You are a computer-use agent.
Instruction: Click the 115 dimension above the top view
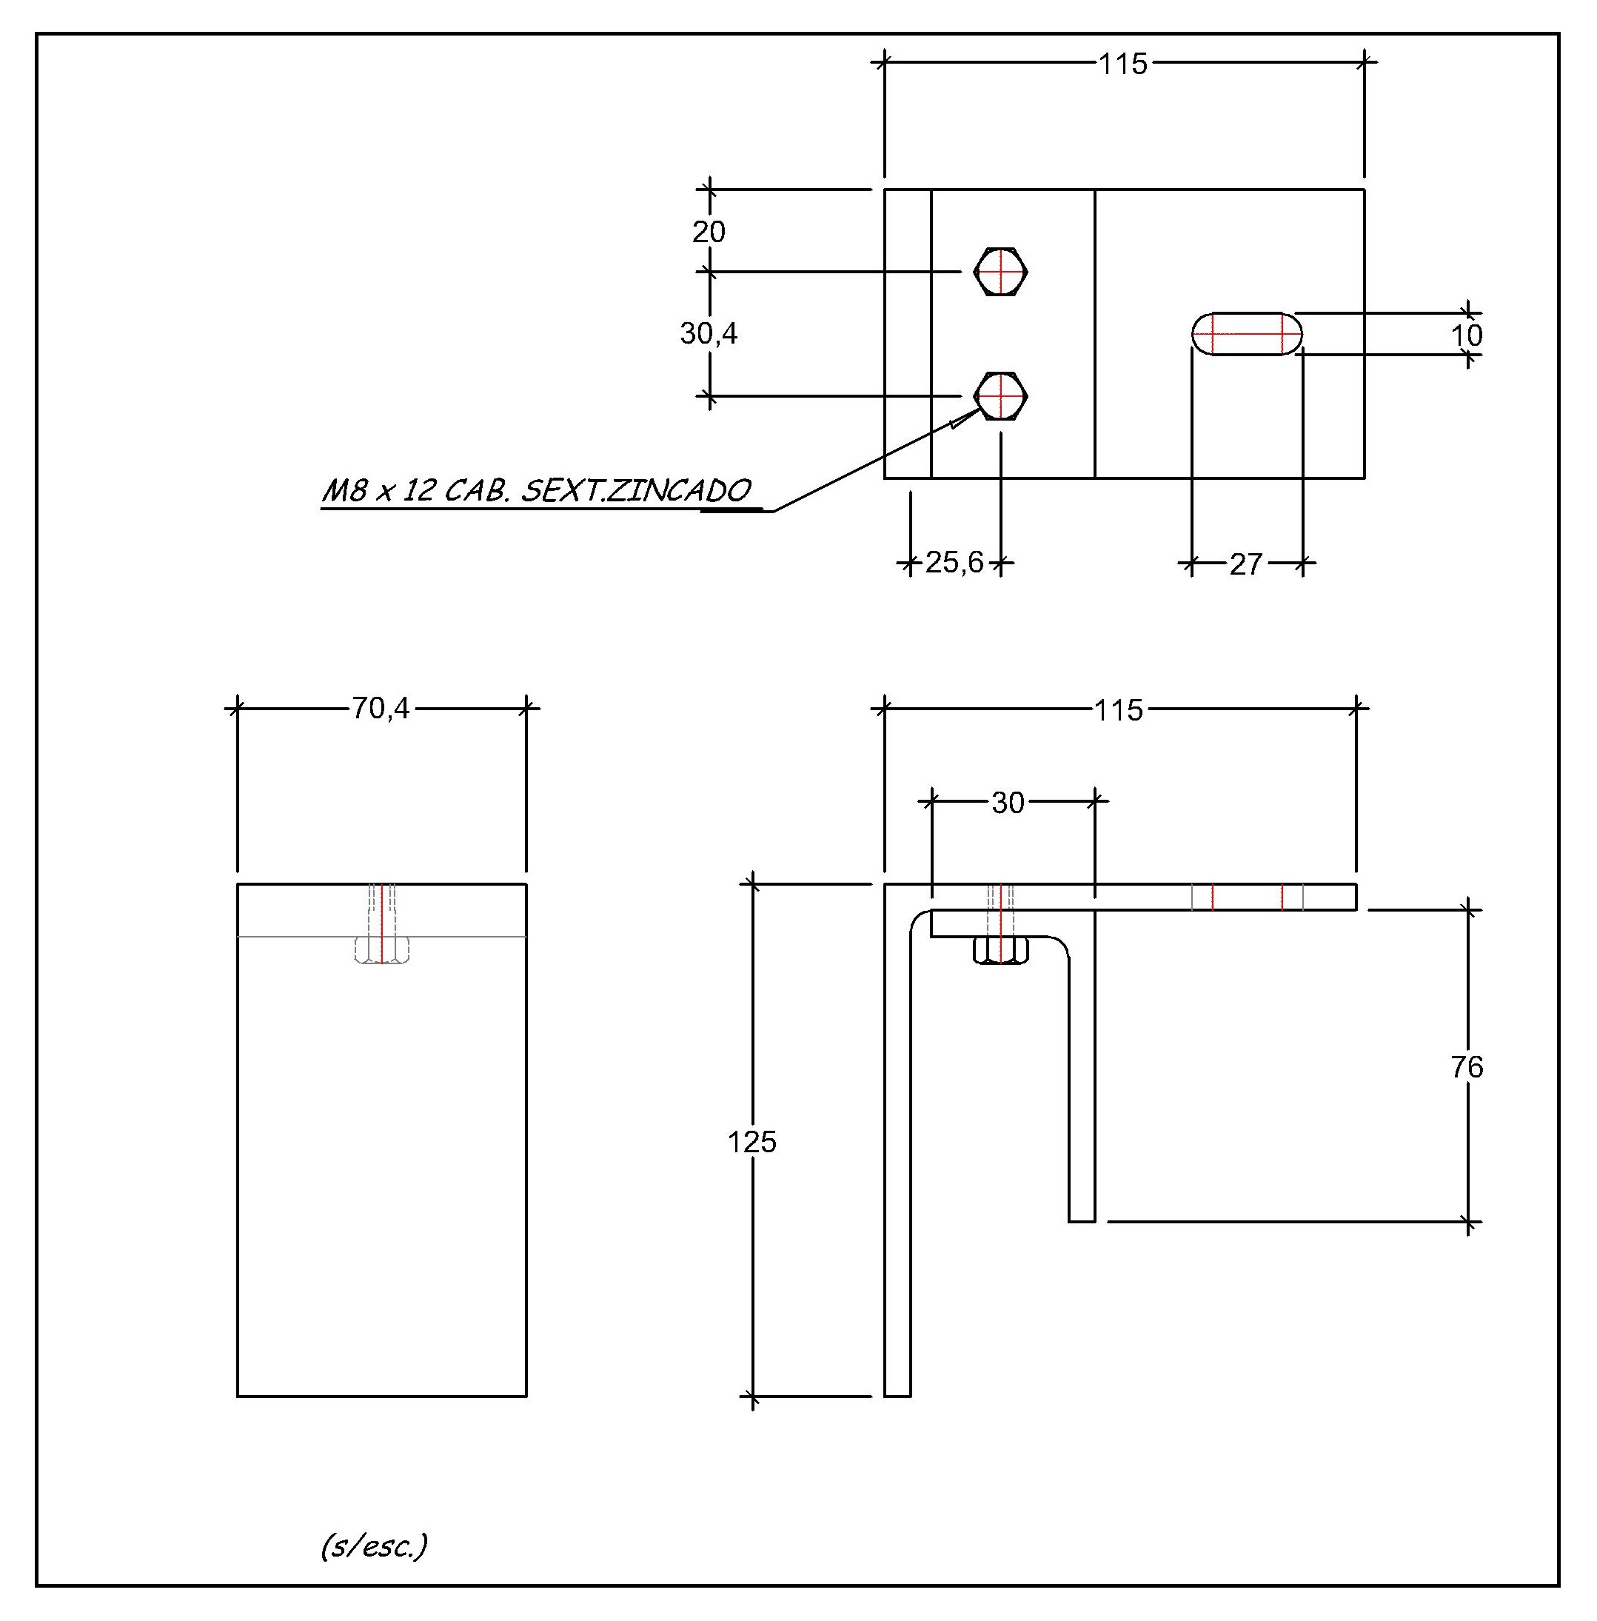(1123, 64)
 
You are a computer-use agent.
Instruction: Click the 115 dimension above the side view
(1119, 711)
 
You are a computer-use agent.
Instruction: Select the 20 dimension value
(709, 232)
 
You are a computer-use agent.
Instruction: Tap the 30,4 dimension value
(709, 334)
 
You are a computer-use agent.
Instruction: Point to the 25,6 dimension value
(954, 562)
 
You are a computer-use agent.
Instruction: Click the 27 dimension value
(1245, 564)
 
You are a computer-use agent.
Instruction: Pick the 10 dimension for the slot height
(1467, 335)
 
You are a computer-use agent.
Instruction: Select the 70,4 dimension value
(381, 709)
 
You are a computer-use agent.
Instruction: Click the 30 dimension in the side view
(1008, 803)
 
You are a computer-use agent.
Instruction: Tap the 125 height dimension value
(751, 1142)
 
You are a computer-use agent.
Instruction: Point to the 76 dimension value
(1467, 1067)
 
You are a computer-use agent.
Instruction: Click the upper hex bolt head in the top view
(1001, 272)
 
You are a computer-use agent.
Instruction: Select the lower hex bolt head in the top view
(1001, 396)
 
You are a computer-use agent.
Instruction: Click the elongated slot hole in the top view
(1248, 334)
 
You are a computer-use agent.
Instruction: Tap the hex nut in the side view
(1001, 951)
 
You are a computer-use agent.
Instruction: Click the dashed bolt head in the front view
(381, 951)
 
